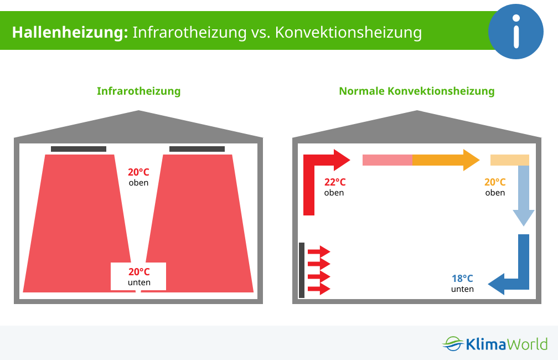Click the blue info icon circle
[516, 32]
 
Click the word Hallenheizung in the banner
[70, 33]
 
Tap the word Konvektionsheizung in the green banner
[348, 33]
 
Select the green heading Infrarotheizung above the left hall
[139, 91]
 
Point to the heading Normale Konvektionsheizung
[417, 91]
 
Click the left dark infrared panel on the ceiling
[79, 149]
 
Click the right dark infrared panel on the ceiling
[197, 149]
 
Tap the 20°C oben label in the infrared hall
[138, 177]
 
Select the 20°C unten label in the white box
[139, 277]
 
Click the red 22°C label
[335, 182]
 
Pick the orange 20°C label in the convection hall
[495, 182]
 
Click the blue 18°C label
[462, 278]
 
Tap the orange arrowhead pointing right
[471, 160]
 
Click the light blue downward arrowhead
[524, 218]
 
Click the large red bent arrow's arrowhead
[342, 160]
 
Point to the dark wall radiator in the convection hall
[302, 270]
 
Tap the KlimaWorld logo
[495, 344]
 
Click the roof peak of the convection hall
[417, 111]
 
